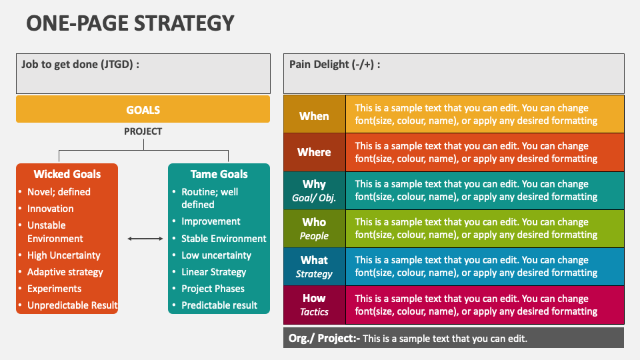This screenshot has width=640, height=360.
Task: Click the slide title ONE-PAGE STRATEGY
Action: pyautogui.click(x=130, y=23)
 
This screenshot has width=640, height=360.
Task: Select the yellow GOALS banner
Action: pyautogui.click(x=143, y=110)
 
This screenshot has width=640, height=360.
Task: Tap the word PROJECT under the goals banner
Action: pyautogui.click(x=143, y=131)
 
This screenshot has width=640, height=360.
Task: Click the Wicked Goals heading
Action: pyautogui.click(x=67, y=174)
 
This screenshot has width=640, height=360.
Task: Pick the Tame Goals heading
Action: pyautogui.click(x=219, y=174)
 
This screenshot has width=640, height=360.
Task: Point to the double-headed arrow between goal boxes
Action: pyautogui.click(x=145, y=239)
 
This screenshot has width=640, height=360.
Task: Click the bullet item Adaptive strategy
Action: pyautogui.click(x=65, y=272)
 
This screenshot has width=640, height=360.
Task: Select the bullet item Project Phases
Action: pyautogui.click(x=213, y=289)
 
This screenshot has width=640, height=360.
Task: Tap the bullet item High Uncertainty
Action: pyautogui.click(x=63, y=255)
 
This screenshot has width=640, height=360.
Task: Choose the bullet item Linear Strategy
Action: pyautogui.click(x=213, y=272)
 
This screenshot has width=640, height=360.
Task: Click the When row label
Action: pyautogui.click(x=314, y=116)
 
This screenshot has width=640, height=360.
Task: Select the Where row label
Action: pyautogui.click(x=314, y=152)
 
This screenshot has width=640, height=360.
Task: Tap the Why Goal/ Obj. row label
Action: pyautogui.click(x=314, y=191)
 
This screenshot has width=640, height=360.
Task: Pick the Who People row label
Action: pyautogui.click(x=314, y=229)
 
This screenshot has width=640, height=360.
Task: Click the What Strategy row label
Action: pyautogui.click(x=314, y=267)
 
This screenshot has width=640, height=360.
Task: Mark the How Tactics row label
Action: pyautogui.click(x=314, y=305)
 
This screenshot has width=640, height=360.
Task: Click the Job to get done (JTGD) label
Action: pyautogui.click(x=80, y=65)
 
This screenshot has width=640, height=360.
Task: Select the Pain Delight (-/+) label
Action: pyautogui.click(x=335, y=65)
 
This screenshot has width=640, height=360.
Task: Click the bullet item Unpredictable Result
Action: pyautogui.click(x=72, y=305)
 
